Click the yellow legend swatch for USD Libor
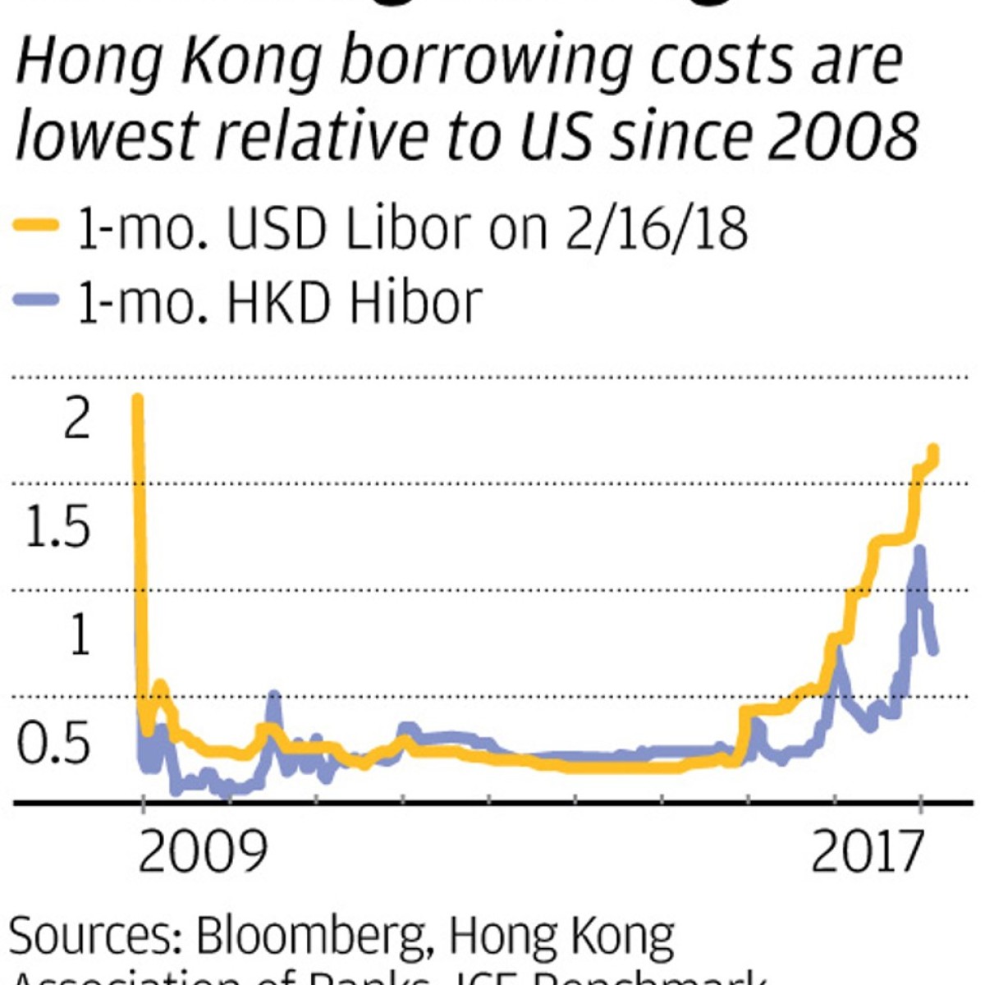pos(36,224)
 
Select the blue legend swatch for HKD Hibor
pos(36,300)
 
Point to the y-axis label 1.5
pos(56,526)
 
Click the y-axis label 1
pos(79,635)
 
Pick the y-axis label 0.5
pos(53,743)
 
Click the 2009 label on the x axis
pos(202,851)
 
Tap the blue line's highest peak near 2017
pos(920,549)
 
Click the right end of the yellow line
pos(933,449)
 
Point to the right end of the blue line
pos(934,651)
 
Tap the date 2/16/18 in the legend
pos(656,227)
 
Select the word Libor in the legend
pos(409,227)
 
